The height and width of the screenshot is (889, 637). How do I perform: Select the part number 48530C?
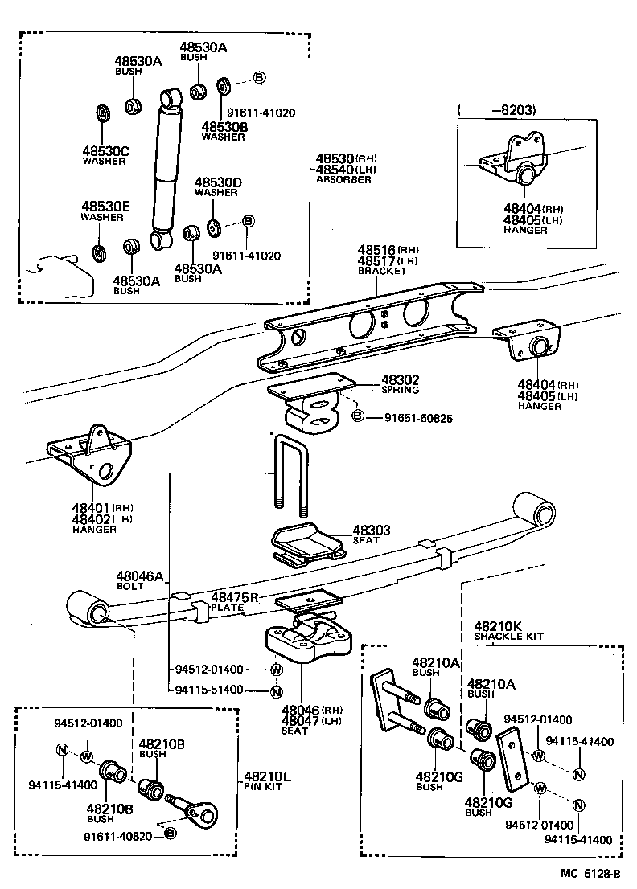point(104,150)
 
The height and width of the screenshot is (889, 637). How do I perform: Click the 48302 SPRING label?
point(400,383)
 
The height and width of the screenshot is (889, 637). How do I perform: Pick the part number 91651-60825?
point(417,418)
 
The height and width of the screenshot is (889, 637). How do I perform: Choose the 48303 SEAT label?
point(371,535)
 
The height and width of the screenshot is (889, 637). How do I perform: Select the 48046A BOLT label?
point(139,580)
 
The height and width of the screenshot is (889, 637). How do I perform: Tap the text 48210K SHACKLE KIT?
point(508,629)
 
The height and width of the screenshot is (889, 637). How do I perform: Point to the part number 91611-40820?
point(117,836)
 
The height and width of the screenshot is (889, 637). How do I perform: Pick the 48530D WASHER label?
point(216,187)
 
